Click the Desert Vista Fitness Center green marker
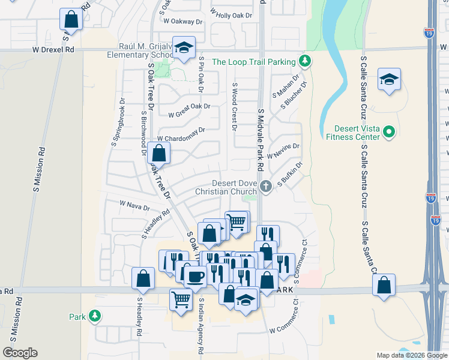pyautogui.click(x=388, y=131)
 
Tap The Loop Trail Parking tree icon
pyautogui.click(x=305, y=61)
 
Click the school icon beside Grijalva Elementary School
pyautogui.click(x=184, y=48)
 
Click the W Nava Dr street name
pyautogui.click(x=134, y=206)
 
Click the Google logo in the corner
pyautogui.click(x=20, y=353)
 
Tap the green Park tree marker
pyautogui.click(x=94, y=316)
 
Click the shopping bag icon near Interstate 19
pyautogui.click(x=384, y=285)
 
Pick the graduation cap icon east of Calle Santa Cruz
pyautogui.click(x=389, y=80)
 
